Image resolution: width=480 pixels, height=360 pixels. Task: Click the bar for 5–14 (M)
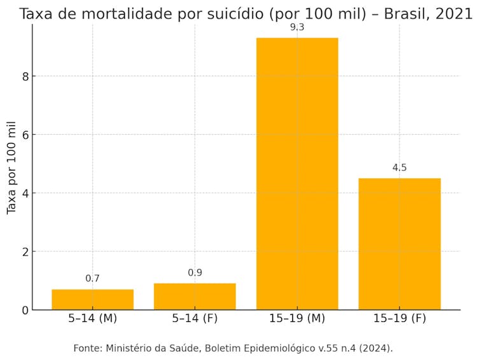point(92,300)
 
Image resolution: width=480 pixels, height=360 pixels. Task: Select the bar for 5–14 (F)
point(195,296)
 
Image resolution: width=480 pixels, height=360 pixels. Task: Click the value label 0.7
point(92,279)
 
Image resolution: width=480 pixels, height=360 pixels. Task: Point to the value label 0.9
point(195,273)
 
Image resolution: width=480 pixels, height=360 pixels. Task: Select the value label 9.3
point(297,27)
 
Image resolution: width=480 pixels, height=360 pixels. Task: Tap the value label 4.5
point(399,168)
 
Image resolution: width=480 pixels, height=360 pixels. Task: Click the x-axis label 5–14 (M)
point(92,319)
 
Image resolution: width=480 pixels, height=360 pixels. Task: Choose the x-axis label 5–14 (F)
point(195,319)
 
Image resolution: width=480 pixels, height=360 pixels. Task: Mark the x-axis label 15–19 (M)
point(297,319)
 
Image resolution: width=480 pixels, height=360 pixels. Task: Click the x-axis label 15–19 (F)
point(399,319)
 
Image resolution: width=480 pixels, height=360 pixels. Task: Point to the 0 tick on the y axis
point(25,310)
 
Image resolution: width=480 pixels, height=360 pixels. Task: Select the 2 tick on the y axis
point(25,252)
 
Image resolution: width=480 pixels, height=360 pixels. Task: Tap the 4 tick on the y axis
point(25,193)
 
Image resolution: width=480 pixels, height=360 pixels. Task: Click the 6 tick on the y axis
point(25,135)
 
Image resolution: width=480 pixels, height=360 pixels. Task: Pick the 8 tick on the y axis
point(25,76)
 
